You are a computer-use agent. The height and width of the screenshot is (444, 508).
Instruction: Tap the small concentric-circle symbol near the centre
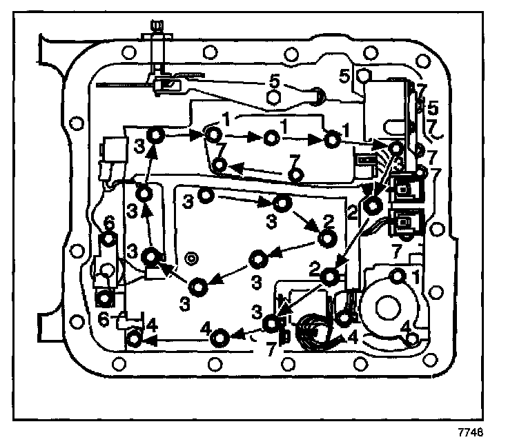(192, 258)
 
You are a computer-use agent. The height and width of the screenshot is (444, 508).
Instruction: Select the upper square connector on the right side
(402, 189)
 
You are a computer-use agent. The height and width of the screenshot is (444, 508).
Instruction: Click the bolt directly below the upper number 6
(108, 239)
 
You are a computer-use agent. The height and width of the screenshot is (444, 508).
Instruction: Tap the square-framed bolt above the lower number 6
(104, 298)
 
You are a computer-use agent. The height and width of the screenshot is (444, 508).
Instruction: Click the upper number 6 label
(108, 222)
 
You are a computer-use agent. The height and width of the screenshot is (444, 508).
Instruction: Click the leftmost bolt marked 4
(135, 339)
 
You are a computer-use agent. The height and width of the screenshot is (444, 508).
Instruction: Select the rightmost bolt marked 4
(413, 338)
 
